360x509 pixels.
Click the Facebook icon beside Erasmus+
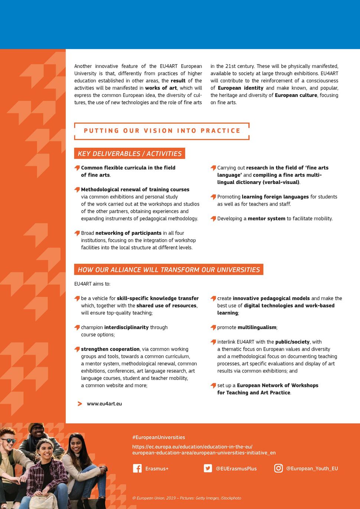[x=137, y=468]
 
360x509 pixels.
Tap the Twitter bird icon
[x=208, y=468]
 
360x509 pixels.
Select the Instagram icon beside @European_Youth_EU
[x=278, y=468]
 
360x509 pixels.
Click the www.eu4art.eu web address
[x=104, y=404]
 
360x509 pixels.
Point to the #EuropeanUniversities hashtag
[x=158, y=437]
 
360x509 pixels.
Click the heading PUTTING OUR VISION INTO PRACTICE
[x=162, y=131]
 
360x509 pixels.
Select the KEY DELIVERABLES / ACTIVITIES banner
[x=130, y=154]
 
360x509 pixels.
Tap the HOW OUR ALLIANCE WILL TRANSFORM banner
[x=168, y=270]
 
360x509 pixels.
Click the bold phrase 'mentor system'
[x=266, y=219]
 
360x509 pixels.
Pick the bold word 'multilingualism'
[x=257, y=327]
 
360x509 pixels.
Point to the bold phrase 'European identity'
[x=240, y=88]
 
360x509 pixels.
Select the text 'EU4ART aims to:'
[x=92, y=284]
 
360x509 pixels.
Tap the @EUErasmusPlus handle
[x=236, y=469]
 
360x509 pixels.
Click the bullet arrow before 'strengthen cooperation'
[x=77, y=349]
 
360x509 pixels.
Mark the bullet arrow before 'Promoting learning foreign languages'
[x=213, y=197]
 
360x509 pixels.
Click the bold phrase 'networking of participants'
[x=128, y=233]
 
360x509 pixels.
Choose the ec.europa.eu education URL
[x=204, y=450]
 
